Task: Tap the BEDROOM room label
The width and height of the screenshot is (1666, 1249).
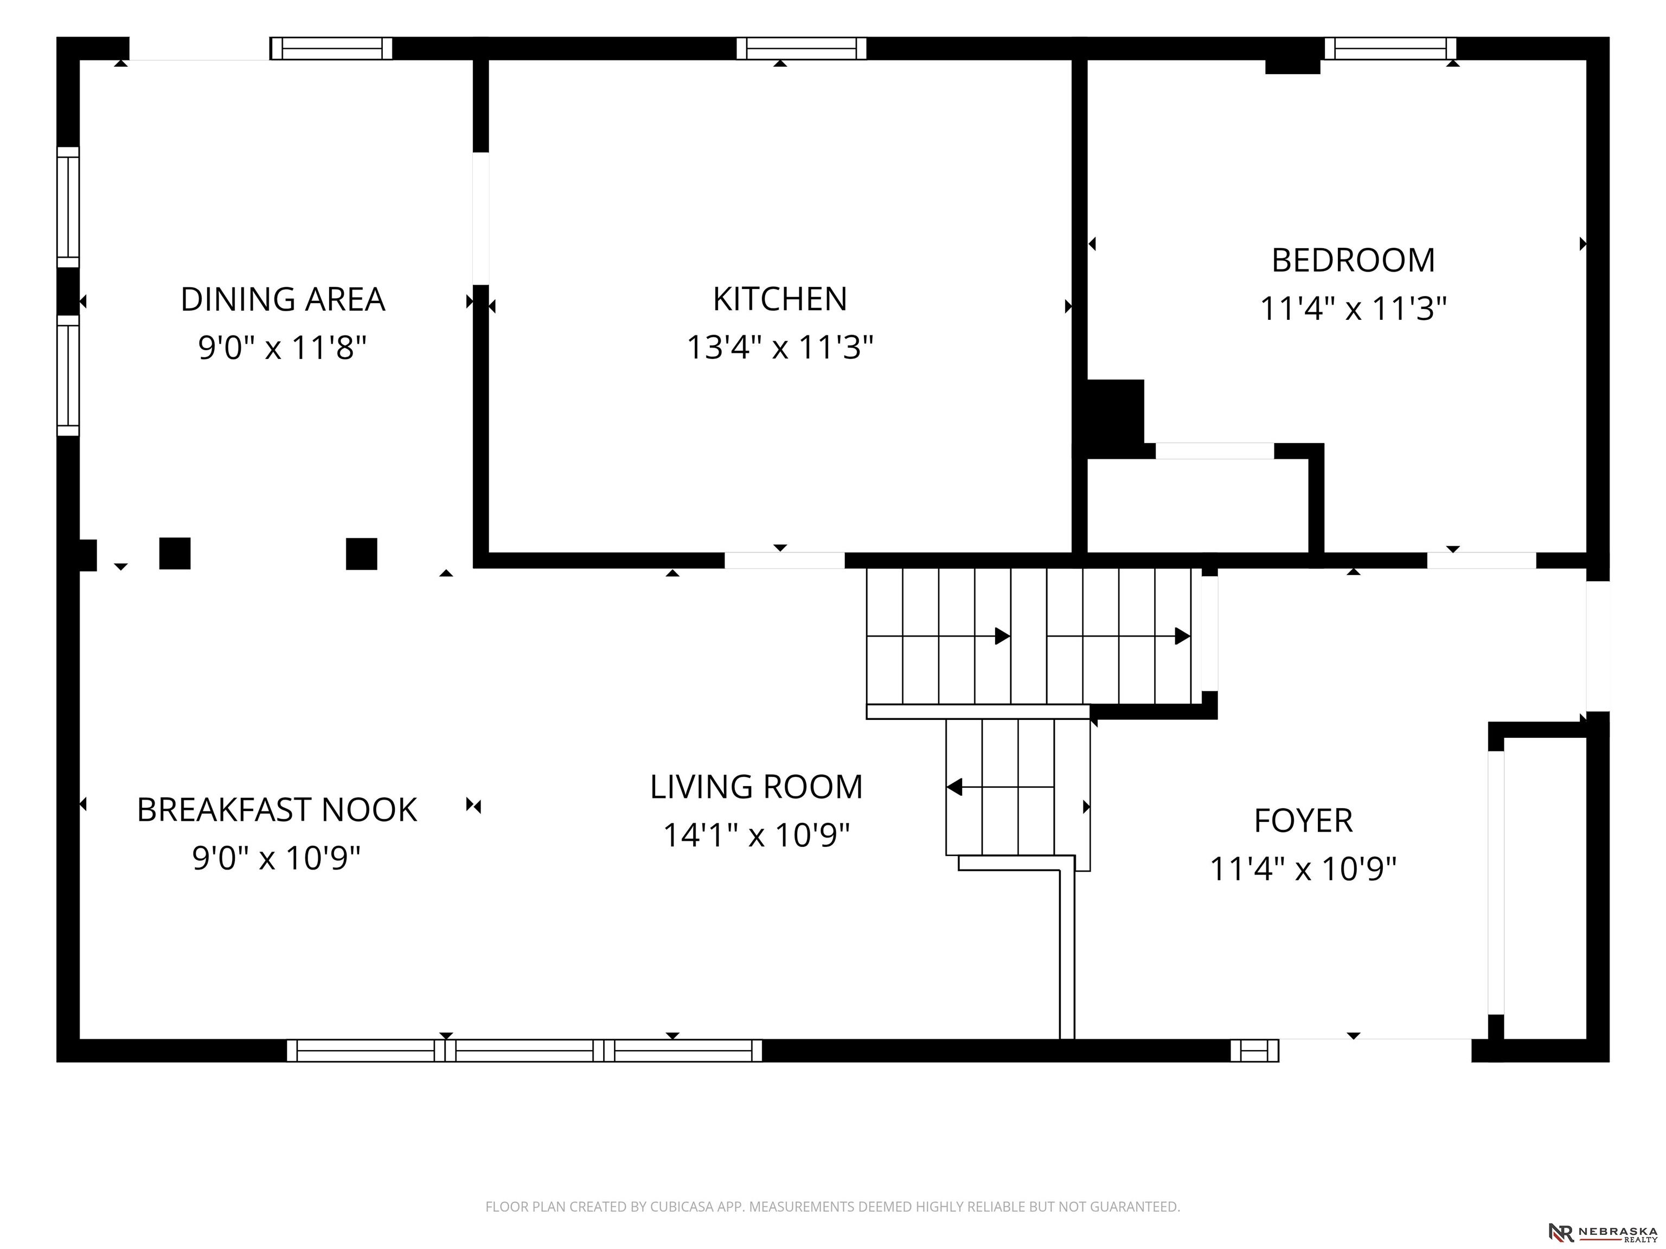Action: coord(1354,261)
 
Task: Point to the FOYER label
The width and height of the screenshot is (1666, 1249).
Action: coord(1303,821)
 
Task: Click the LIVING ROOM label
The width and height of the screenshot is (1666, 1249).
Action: coord(756,787)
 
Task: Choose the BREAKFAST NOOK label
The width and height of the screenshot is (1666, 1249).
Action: coord(277,810)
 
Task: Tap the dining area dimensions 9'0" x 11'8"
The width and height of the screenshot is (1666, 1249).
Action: coord(283,348)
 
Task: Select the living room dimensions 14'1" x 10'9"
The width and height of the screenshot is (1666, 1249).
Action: coord(756,835)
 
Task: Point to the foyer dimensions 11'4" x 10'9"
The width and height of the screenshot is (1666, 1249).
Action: coord(1303,869)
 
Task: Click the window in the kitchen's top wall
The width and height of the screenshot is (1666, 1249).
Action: coord(802,48)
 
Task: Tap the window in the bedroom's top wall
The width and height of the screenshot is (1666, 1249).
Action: coord(1391,48)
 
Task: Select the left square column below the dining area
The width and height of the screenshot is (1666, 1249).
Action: coord(175,553)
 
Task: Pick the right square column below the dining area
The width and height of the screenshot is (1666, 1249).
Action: coord(362,553)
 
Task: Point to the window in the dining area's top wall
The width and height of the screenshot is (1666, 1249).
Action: coord(331,48)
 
